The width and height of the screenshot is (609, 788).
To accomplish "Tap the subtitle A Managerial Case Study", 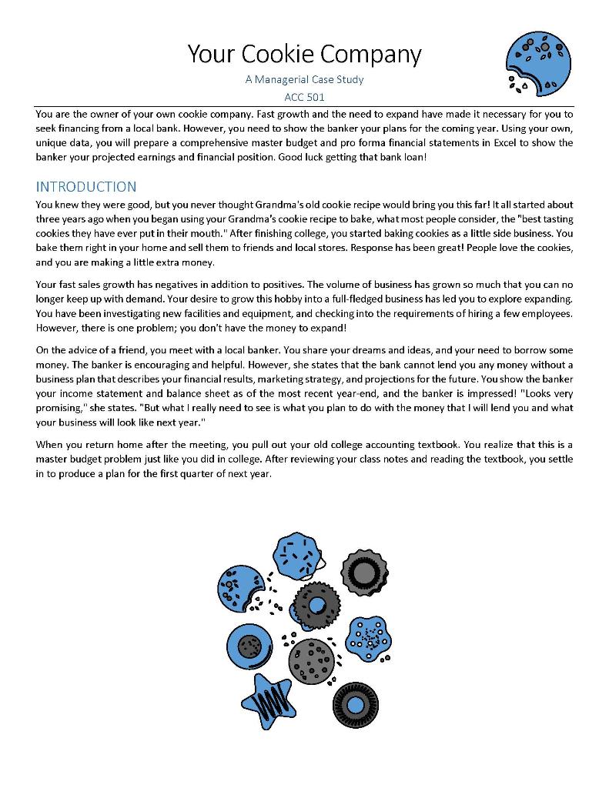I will [x=304, y=79].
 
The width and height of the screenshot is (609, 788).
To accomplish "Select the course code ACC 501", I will [x=304, y=97].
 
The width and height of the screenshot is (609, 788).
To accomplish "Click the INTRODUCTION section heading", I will [x=86, y=187].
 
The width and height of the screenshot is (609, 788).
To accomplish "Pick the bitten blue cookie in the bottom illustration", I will [x=239, y=589].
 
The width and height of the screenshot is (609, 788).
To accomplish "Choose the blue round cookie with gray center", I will [x=249, y=645].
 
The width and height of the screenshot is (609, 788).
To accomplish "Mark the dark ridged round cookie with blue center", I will [x=355, y=704].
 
